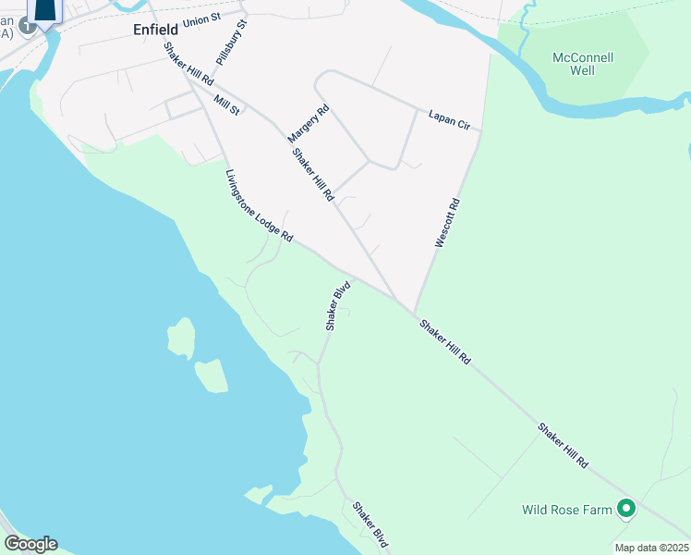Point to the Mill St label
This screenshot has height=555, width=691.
(226, 105)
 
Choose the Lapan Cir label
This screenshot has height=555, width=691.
(449, 118)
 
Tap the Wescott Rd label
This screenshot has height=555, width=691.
(447, 222)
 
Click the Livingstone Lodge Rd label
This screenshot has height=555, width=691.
(259, 206)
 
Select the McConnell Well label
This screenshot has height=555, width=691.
(583, 63)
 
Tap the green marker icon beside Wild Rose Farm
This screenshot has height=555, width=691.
(626, 508)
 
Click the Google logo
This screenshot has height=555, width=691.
(30, 544)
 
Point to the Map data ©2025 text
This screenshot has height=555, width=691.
(650, 548)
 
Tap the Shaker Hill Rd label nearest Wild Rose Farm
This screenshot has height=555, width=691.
(564, 446)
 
